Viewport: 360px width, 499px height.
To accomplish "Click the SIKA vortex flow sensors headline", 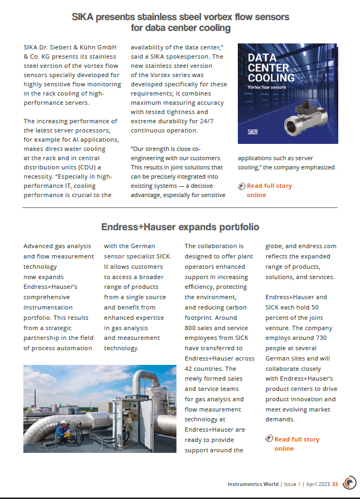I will tap(180, 22).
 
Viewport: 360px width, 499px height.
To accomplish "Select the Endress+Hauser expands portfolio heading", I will tap(180, 227).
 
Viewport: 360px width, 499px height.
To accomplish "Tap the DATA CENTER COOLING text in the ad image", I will tap(271, 68).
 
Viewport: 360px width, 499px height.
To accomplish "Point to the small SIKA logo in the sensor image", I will tap(252, 131).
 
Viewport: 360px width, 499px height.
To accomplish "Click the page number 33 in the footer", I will tap(335, 484).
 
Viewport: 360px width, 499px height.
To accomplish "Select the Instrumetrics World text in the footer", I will tap(252, 484).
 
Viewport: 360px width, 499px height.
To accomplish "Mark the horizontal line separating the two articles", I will tap(180, 207).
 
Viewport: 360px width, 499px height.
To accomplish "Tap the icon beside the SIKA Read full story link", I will tap(242, 186).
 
